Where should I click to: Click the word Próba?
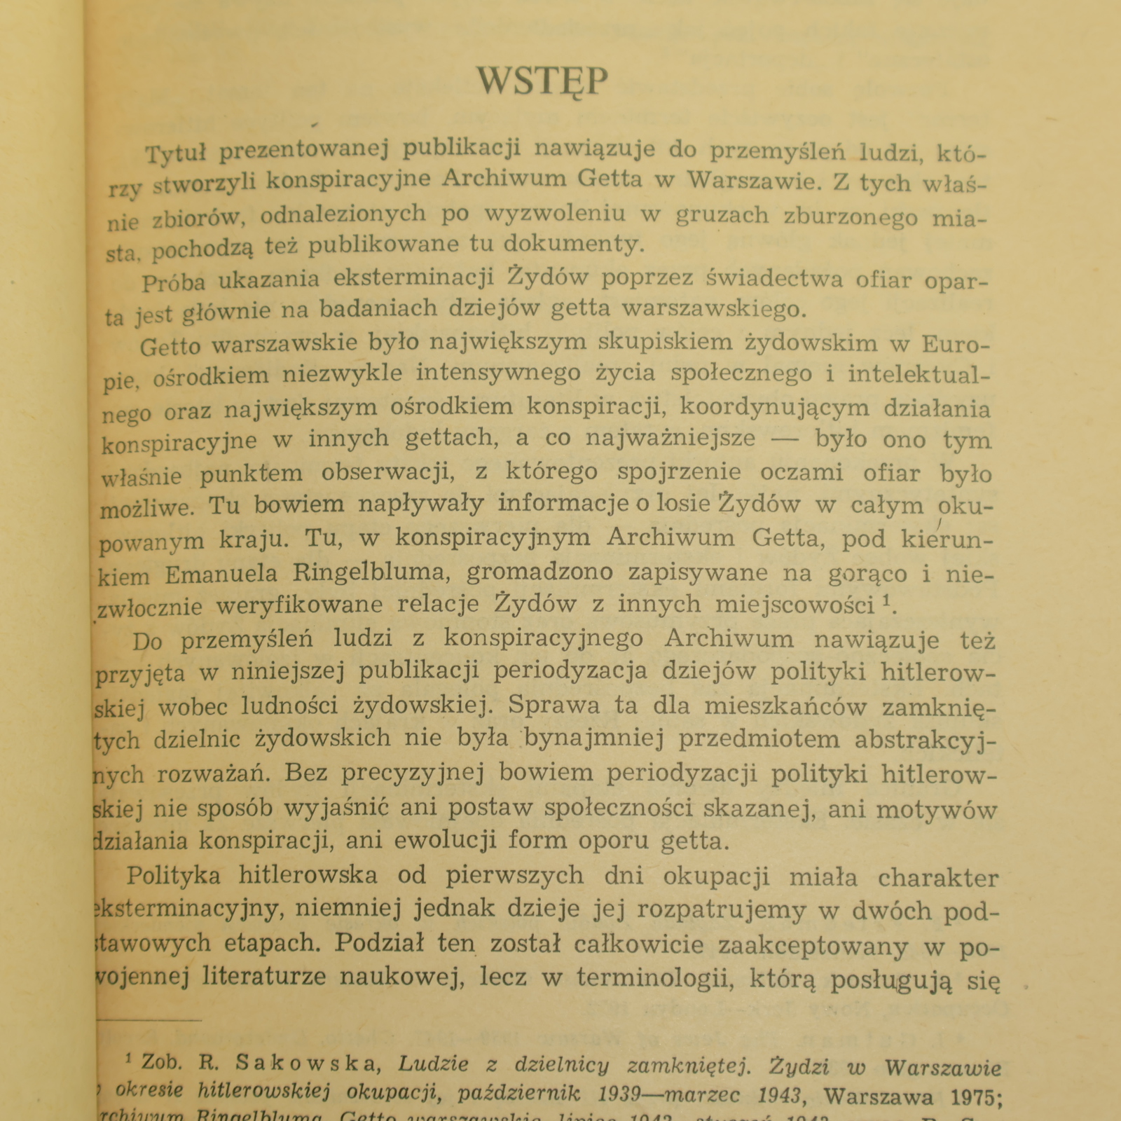click(x=174, y=282)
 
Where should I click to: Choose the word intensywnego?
click(x=498, y=373)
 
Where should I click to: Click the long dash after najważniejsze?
click(x=786, y=439)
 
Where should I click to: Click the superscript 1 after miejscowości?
click(x=886, y=600)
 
